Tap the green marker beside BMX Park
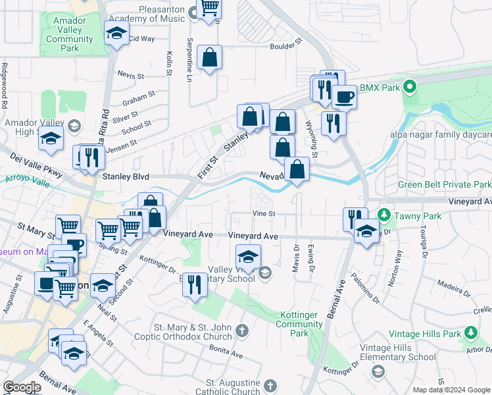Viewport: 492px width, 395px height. pos(410,87)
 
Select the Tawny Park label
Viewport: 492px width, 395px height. pos(408,215)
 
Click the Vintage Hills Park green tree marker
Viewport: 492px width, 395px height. pos(471,334)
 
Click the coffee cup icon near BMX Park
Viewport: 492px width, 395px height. pos(343,98)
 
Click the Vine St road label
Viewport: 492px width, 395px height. pos(263,213)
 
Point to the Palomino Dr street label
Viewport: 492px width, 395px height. pos(366,288)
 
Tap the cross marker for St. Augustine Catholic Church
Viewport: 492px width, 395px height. pos(271,386)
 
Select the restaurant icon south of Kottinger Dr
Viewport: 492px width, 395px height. pos(195,285)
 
